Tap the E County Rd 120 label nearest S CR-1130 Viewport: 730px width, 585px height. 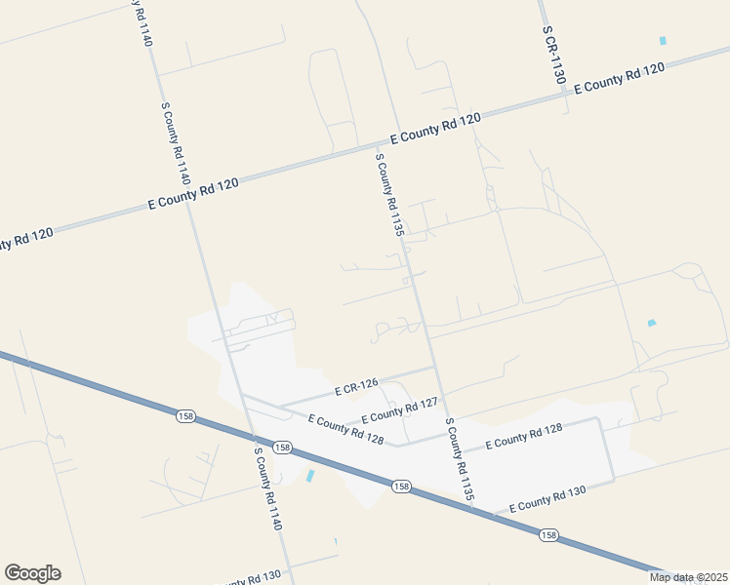(x=620, y=77)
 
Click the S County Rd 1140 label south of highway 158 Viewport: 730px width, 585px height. (x=268, y=488)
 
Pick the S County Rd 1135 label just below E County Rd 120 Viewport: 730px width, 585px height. (x=388, y=194)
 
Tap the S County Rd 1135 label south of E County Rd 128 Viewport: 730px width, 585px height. (x=460, y=460)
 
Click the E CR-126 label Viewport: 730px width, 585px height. (x=355, y=387)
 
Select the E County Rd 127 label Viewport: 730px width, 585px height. (x=405, y=409)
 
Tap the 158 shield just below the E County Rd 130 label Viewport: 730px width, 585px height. (x=547, y=534)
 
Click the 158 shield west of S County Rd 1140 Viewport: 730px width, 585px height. (x=184, y=416)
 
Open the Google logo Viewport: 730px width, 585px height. (x=32, y=573)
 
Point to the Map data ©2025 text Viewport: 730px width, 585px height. (x=688, y=577)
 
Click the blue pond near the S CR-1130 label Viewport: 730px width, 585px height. (x=663, y=41)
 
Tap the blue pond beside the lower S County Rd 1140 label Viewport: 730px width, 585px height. (x=309, y=477)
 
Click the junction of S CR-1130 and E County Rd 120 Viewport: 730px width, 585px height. (x=564, y=95)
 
